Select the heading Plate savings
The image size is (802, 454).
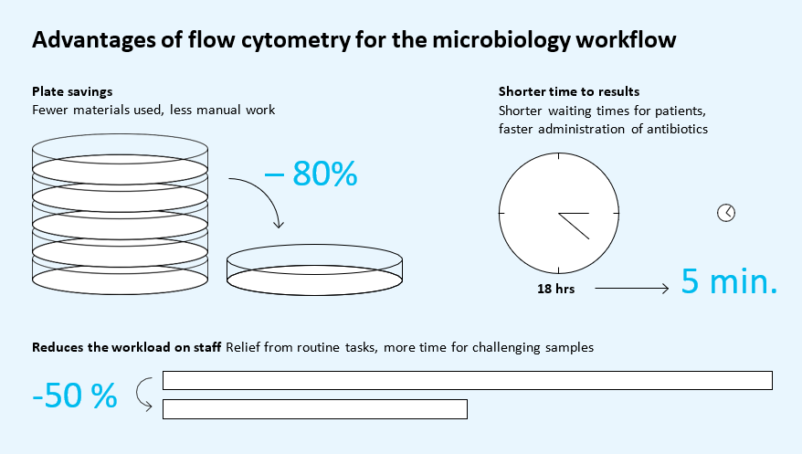click(x=72, y=91)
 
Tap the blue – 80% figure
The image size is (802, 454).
click(x=311, y=174)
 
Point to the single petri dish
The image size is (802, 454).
click(x=314, y=269)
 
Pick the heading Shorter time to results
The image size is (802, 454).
click(x=569, y=91)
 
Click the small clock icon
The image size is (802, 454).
click(x=726, y=213)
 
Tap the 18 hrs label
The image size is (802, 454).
click(x=555, y=289)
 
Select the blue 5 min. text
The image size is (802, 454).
click(x=729, y=281)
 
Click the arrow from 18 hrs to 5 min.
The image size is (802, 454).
click(x=632, y=289)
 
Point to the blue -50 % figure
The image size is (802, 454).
click(x=75, y=396)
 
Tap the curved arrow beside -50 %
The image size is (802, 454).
click(x=138, y=395)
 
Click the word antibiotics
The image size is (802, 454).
click(x=677, y=129)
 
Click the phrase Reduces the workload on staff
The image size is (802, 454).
click(x=126, y=347)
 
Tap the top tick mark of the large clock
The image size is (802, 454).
click(x=558, y=156)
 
